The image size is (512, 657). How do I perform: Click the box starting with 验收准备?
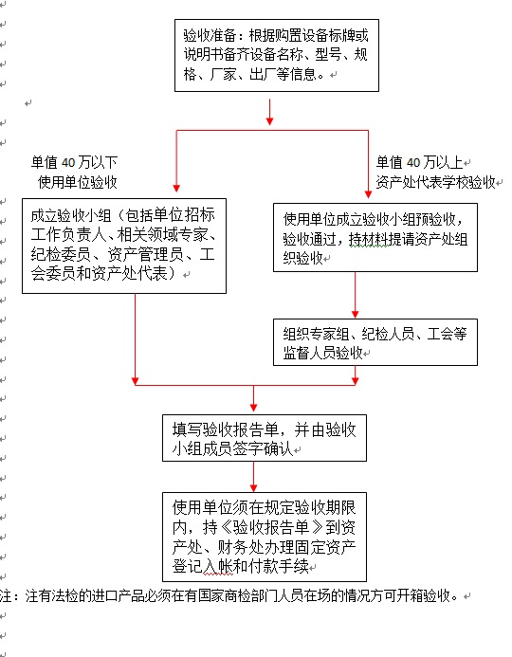coord(277,55)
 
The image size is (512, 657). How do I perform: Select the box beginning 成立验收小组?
coord(124,246)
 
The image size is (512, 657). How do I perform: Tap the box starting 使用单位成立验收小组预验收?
coord(375,238)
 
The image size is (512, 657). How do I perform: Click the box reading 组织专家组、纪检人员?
coord(375,342)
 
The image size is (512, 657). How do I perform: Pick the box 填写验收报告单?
coord(265,438)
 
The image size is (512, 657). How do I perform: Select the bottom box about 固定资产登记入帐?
coord(265,538)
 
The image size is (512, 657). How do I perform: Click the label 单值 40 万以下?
coord(74,162)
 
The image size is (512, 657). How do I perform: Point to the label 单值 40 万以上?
coord(419,162)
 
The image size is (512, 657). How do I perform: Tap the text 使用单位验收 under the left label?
coord(78,182)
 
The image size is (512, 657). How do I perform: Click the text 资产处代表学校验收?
coord(436,182)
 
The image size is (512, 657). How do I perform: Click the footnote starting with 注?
coord(229,595)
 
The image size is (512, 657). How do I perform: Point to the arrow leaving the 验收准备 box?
coord(270,112)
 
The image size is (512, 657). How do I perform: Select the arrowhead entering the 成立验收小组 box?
coord(176,188)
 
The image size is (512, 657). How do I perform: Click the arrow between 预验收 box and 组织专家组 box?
coord(356,295)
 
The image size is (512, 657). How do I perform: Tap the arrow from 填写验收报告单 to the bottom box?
coord(253,477)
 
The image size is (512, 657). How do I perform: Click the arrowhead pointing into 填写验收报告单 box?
coord(253,407)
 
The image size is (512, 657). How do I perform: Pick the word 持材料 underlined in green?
coord(369,239)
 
